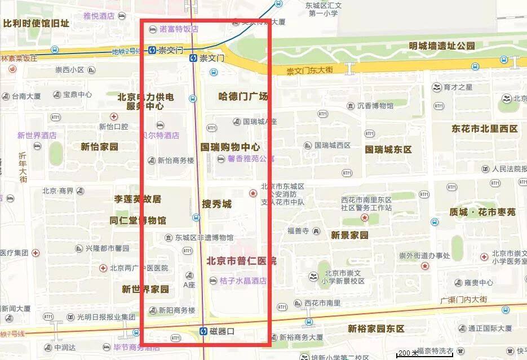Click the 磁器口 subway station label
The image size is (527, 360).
pyautogui.click(x=222, y=331)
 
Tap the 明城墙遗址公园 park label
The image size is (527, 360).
pyautogui.click(x=442, y=46)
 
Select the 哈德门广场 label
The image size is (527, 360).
pyautogui.click(x=243, y=96)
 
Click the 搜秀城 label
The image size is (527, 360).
pyautogui.click(x=216, y=204)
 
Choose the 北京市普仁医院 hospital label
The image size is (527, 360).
pyautogui.click(x=241, y=261)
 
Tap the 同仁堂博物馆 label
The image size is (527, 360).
pyautogui.click(x=138, y=220)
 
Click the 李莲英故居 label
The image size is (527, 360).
pyautogui.click(x=138, y=199)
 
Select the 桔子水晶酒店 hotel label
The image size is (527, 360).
pyautogui.click(x=243, y=281)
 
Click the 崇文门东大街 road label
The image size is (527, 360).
pyautogui.click(x=309, y=71)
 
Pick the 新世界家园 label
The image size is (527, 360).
pyautogui.click(x=145, y=290)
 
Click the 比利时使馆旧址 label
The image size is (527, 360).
pyautogui.click(x=36, y=23)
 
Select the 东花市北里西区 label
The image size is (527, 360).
pyautogui.click(x=484, y=128)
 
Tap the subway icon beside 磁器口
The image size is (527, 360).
pyautogui.click(x=205, y=331)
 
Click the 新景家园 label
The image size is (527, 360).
pyautogui.click(x=349, y=235)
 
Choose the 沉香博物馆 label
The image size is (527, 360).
pyautogui.click(x=375, y=105)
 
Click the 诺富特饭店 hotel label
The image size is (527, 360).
pyautogui.click(x=179, y=29)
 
